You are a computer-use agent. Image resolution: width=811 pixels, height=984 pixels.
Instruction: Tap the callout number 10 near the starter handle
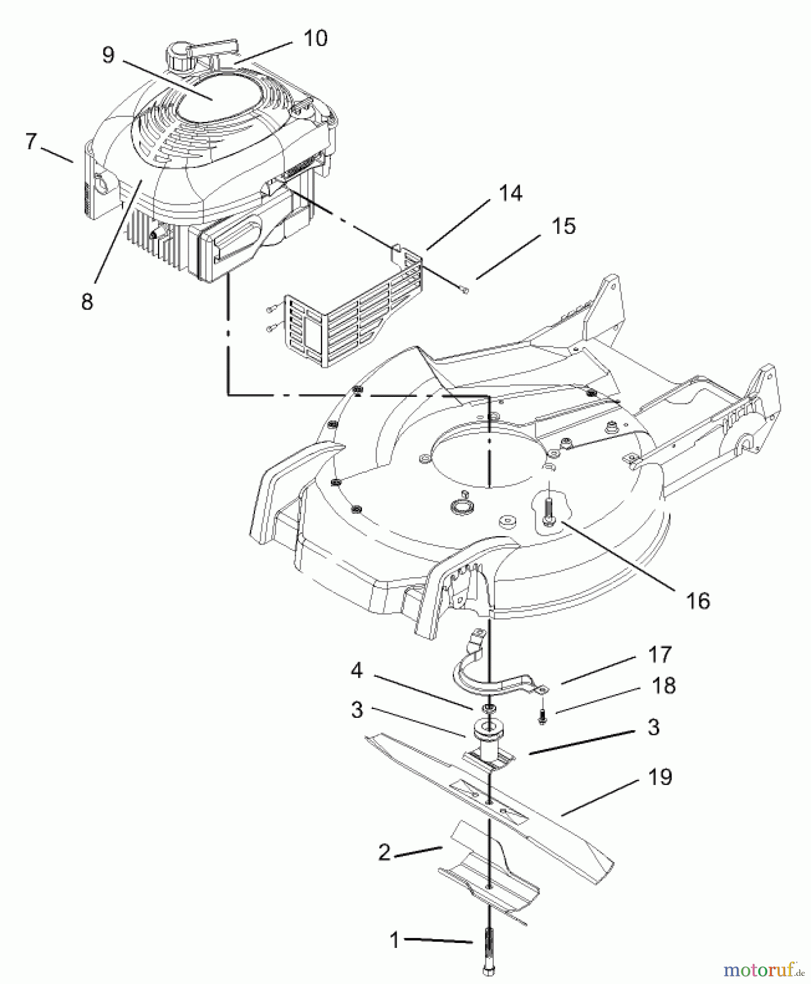coord(315,38)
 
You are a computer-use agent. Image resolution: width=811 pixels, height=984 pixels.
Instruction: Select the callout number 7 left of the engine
coord(31,142)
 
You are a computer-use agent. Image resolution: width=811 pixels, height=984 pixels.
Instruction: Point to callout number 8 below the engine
coord(87,301)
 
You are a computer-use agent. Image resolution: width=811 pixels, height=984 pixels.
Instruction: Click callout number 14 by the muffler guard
coord(510,194)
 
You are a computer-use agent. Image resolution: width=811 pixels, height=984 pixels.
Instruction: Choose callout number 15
coord(564,226)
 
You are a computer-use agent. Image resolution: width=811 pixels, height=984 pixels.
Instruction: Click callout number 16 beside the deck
coord(697,601)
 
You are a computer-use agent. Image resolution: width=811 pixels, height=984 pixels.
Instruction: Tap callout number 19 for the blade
coord(660,777)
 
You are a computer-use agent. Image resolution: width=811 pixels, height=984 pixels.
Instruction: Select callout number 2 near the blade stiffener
coord(384,853)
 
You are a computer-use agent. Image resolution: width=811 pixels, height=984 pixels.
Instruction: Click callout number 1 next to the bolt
coord(394,941)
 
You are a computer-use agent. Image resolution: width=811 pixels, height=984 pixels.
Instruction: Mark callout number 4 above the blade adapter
coord(357,671)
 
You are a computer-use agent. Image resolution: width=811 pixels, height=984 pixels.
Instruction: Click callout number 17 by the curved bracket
coord(660,654)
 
